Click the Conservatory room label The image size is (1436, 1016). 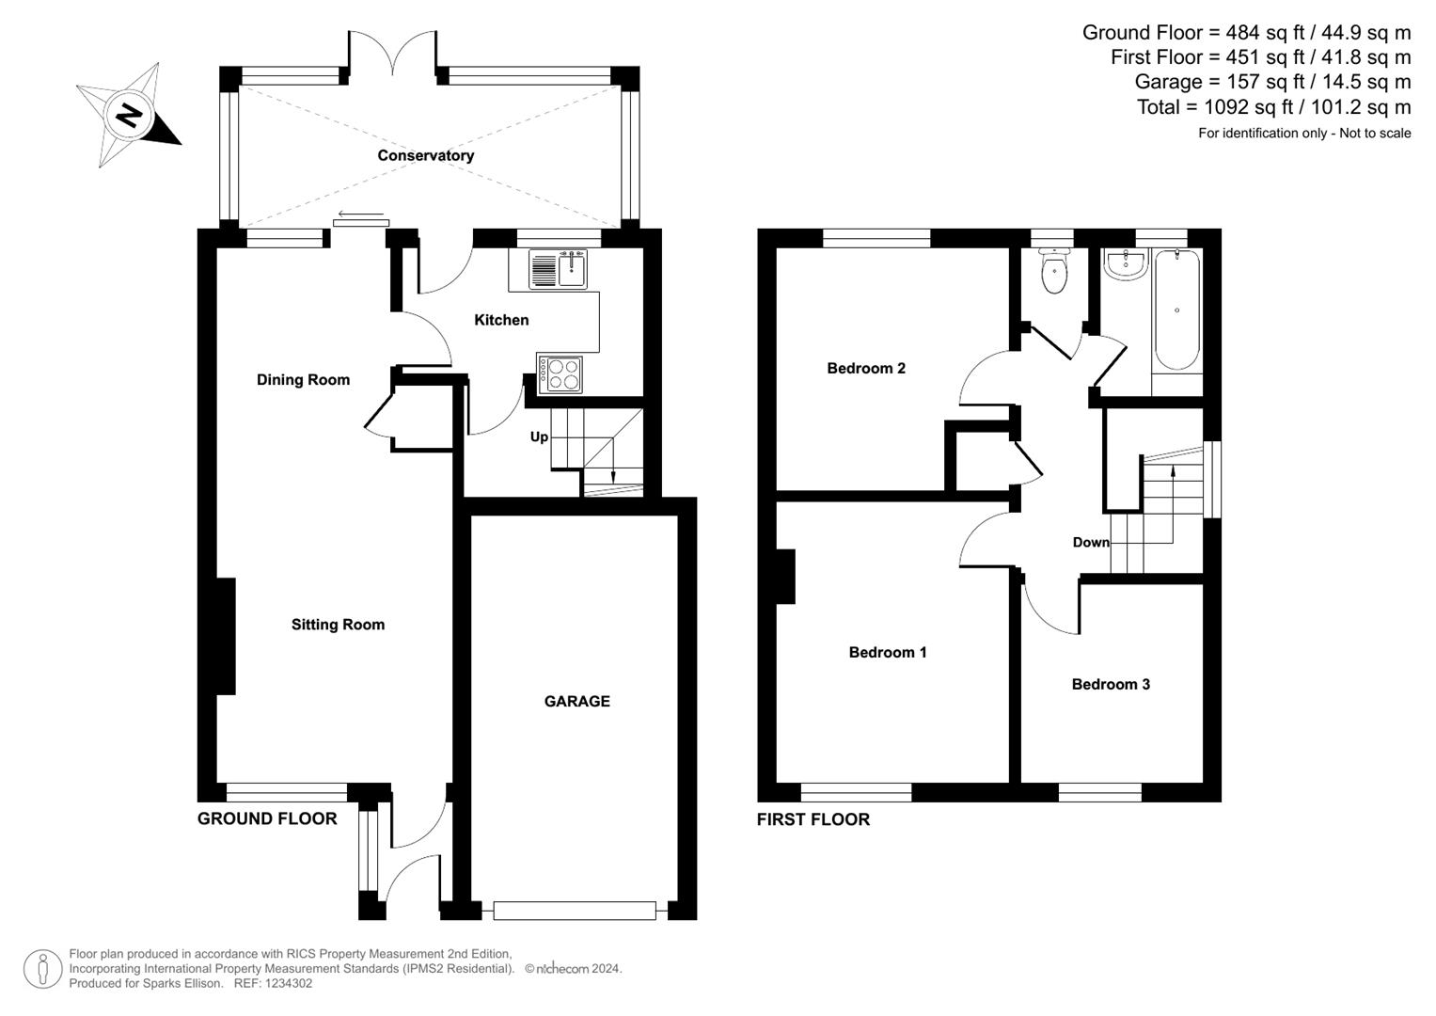(x=425, y=155)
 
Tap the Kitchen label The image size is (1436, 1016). (x=501, y=320)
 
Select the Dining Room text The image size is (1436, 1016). (x=303, y=380)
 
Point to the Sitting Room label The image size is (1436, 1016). (x=338, y=625)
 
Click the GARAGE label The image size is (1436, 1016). (x=576, y=701)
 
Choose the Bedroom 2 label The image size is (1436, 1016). (x=866, y=368)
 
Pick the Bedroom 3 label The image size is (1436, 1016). (x=1111, y=684)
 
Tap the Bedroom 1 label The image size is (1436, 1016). (x=888, y=652)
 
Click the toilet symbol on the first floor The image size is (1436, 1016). (x=1054, y=271)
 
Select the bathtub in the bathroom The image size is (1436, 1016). (x=1176, y=310)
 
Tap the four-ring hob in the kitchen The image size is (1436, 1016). (x=560, y=374)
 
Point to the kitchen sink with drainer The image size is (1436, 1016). (x=558, y=270)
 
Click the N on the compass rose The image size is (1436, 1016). (x=128, y=116)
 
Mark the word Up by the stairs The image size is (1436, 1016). (x=539, y=437)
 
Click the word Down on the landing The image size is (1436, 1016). (x=1091, y=542)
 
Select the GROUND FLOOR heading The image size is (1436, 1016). (x=267, y=818)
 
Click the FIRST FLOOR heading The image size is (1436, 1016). (x=813, y=819)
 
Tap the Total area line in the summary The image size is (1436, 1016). (x=1273, y=107)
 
